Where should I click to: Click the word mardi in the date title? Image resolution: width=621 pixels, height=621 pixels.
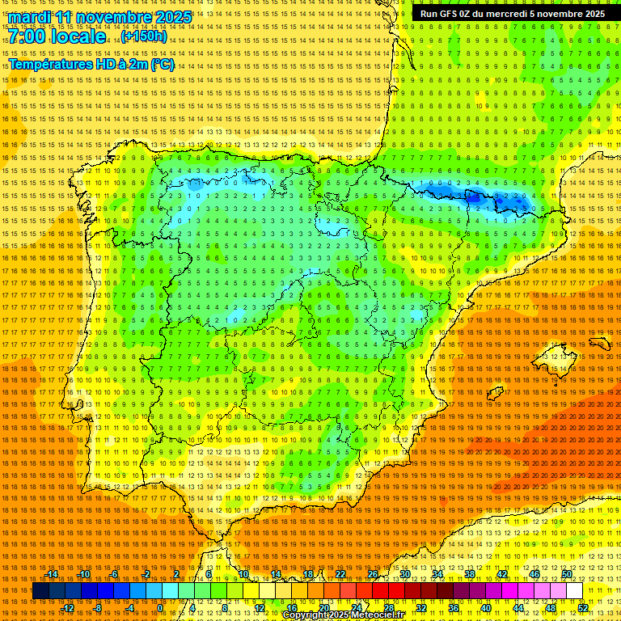click(x=29, y=17)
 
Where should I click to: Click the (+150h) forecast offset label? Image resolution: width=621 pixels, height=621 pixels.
click(x=144, y=36)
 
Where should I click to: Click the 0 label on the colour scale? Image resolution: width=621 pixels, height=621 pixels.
click(x=160, y=608)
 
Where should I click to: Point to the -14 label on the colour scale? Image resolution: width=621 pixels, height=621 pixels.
click(x=52, y=574)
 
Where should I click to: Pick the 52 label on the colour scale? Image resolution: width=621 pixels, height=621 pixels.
click(x=583, y=608)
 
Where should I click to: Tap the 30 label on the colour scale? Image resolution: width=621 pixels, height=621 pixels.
click(x=404, y=574)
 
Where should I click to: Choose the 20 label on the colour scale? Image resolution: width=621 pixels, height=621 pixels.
click(x=323, y=608)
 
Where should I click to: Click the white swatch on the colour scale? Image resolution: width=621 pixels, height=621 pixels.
click(x=574, y=591)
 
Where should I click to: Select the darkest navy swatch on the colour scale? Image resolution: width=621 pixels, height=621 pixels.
click(x=40, y=591)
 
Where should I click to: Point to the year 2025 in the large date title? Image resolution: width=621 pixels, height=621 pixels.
click(x=173, y=17)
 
